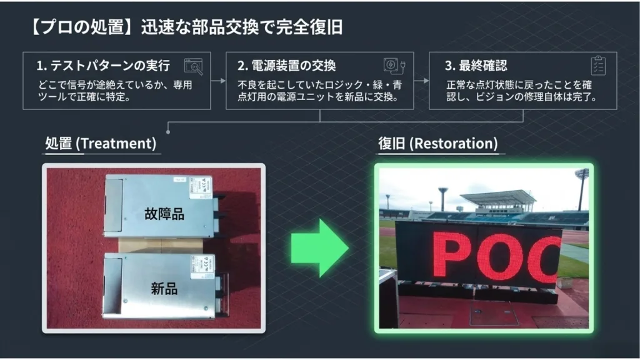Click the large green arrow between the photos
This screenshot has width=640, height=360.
pyautogui.click(x=319, y=247)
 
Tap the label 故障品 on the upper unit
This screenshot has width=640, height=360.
pyautogui.click(x=164, y=214)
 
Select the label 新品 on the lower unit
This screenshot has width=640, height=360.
pyautogui.click(x=164, y=289)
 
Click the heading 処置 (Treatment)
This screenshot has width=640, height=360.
pyautogui.click(x=101, y=143)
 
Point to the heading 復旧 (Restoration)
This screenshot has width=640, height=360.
pyautogui.click(x=438, y=143)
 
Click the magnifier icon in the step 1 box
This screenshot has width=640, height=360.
pyautogui.click(x=194, y=66)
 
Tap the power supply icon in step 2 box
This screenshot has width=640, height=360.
pyautogui.click(x=394, y=66)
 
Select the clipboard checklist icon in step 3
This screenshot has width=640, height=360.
pyautogui.click(x=598, y=65)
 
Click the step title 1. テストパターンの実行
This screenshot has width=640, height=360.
pyautogui.click(x=103, y=65)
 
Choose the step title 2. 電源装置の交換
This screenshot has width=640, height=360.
pyautogui.click(x=287, y=65)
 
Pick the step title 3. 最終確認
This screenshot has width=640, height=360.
pyautogui.click(x=476, y=65)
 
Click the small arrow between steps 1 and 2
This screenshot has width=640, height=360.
pyautogui.click(x=218, y=81)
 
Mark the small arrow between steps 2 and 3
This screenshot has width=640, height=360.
pyautogui.click(x=422, y=81)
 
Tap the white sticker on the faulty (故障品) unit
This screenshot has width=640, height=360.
pyautogui.click(x=201, y=187)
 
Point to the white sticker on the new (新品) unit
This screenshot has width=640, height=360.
pyautogui.click(x=202, y=266)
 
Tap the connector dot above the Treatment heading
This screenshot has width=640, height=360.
pyautogui.click(x=168, y=131)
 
